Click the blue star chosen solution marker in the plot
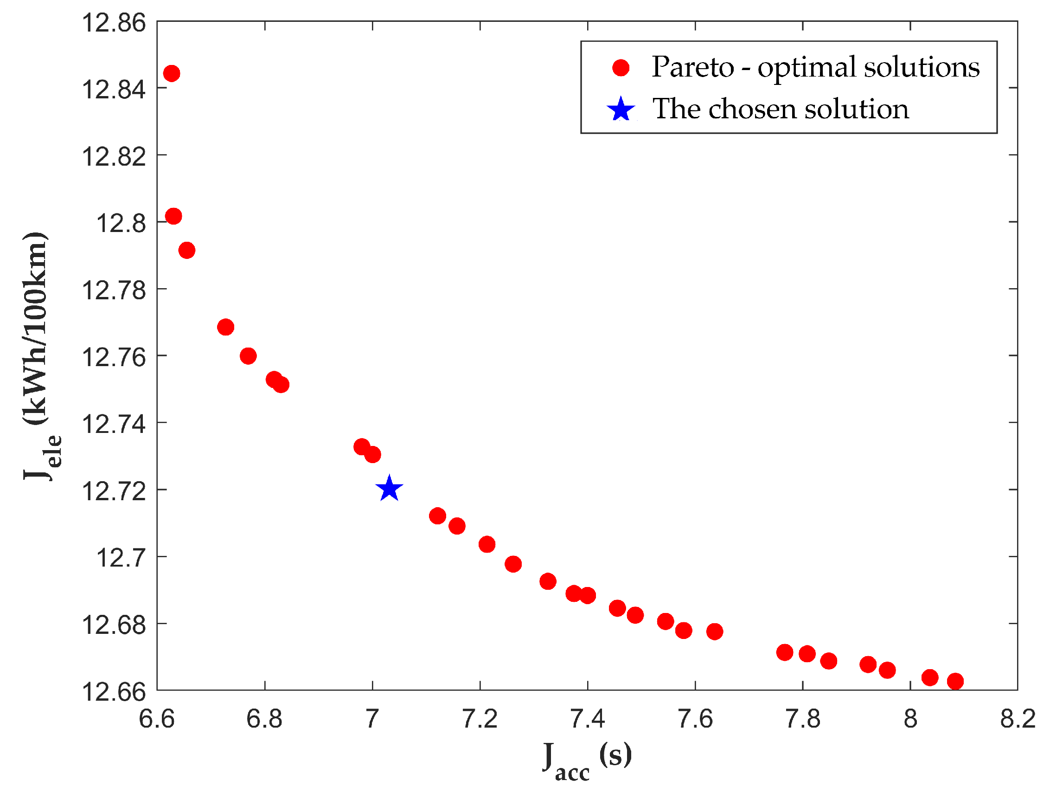389,489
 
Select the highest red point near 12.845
171,74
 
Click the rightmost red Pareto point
955,681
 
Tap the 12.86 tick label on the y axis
114,23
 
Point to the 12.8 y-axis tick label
121,223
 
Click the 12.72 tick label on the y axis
114,490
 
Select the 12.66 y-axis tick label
114,691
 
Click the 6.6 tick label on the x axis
157,719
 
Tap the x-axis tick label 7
372,719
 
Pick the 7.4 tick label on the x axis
587,719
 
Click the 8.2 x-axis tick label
1018,719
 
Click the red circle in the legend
621,67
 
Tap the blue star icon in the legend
621,109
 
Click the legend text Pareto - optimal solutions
815,67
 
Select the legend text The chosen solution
781,109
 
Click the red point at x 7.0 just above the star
372,455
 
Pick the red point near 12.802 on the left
173,216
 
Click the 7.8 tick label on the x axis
803,719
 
